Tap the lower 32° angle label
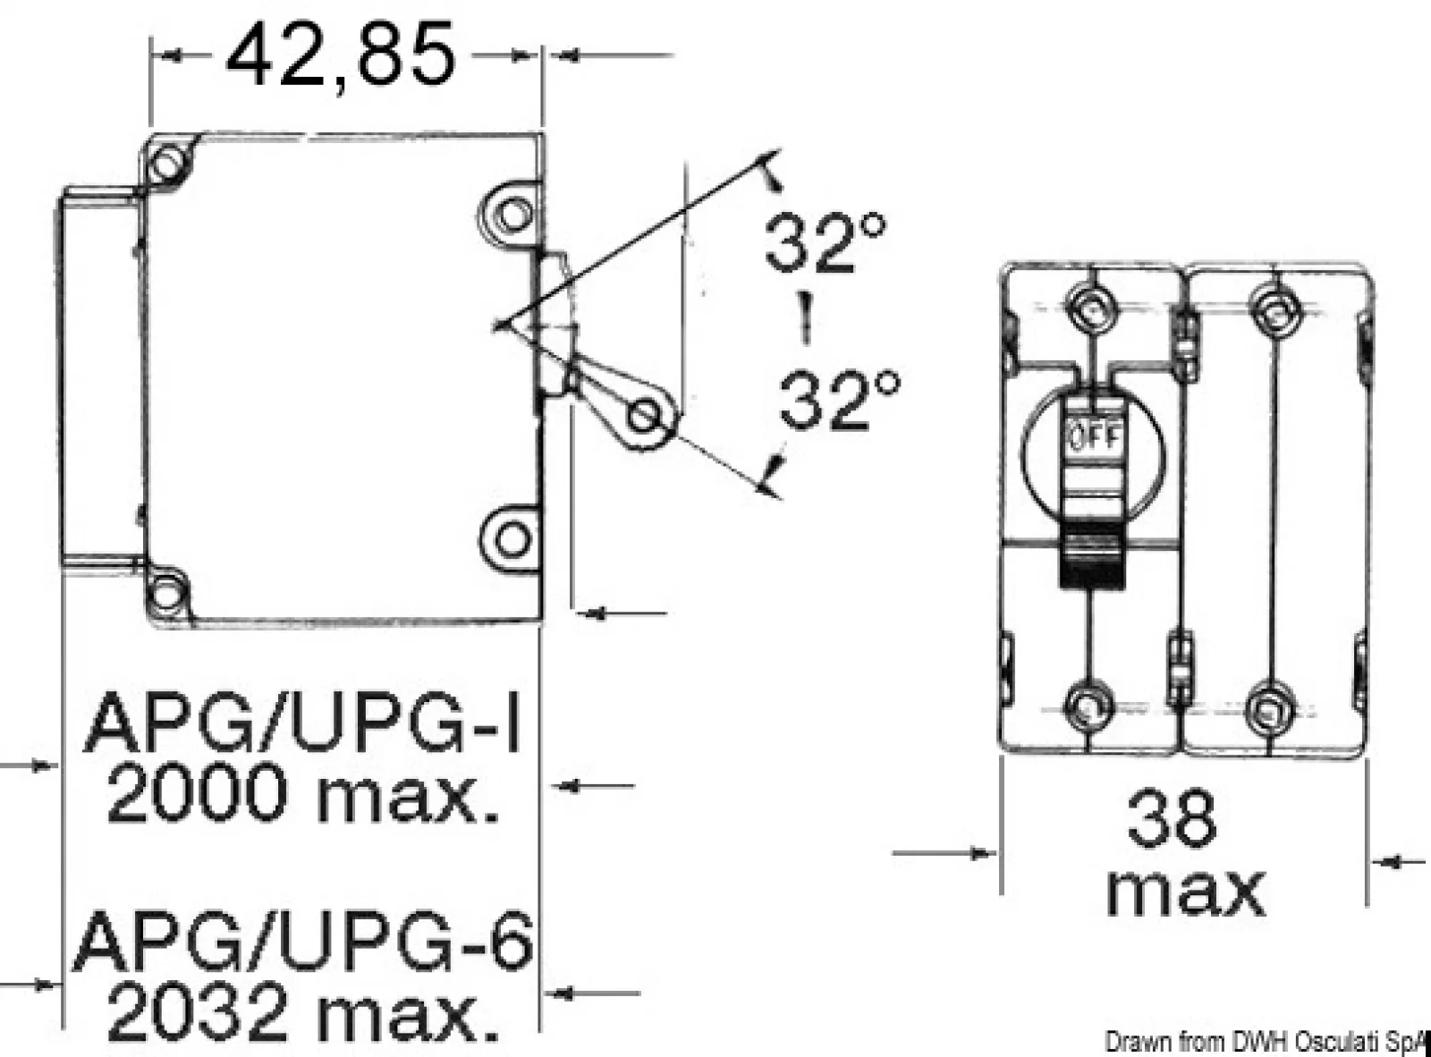[x=840, y=400]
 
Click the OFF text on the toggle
[x=1097, y=438]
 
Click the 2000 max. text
[x=303, y=793]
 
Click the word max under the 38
[x=1186, y=892]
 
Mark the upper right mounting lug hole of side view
[x=512, y=215]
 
